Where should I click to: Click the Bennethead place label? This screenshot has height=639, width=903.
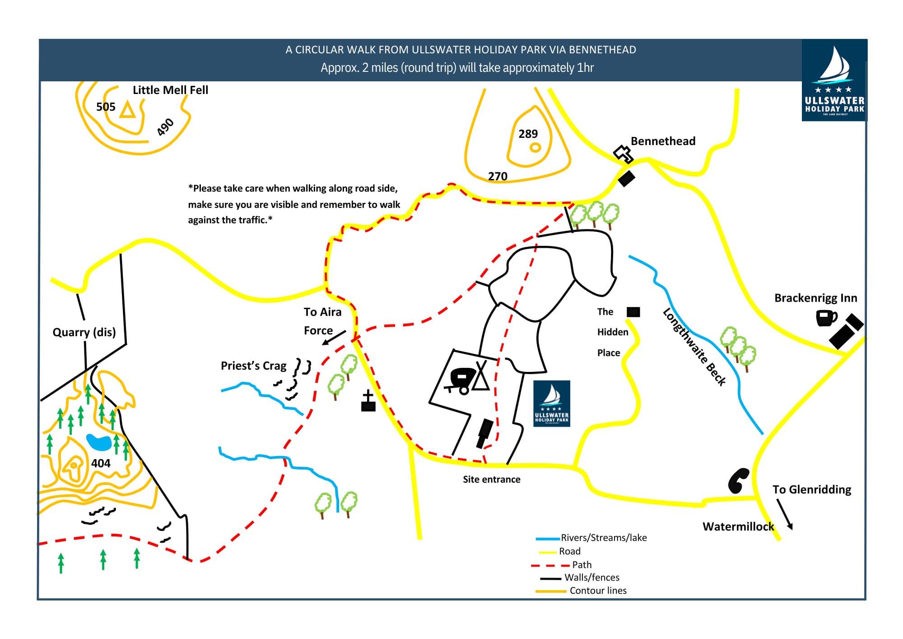click(x=663, y=141)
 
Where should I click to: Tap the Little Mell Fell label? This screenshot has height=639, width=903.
click(x=170, y=90)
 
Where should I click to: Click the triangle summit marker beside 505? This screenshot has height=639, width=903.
click(x=127, y=110)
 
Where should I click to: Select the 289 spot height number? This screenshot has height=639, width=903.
click(x=528, y=134)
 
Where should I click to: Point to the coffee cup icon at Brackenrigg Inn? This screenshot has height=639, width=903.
click(x=826, y=318)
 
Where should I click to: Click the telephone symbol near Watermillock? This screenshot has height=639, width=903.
click(x=738, y=481)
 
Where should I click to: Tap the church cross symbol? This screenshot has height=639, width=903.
click(x=368, y=401)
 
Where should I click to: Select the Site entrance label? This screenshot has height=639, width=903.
click(x=491, y=479)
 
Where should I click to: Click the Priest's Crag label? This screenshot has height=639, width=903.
click(x=253, y=366)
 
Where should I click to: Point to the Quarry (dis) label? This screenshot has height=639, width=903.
click(x=84, y=333)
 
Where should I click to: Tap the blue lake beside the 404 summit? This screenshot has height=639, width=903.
click(x=99, y=442)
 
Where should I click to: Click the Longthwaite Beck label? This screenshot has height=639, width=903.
click(x=694, y=347)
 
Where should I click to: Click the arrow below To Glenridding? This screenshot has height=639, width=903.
click(x=784, y=514)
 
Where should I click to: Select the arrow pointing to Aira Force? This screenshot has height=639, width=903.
click(x=334, y=338)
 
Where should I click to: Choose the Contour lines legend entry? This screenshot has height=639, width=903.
click(x=598, y=591)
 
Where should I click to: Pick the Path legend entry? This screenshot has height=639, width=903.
click(x=582, y=565)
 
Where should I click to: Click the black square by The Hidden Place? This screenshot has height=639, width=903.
click(x=633, y=312)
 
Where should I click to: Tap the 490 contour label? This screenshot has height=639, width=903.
click(x=165, y=127)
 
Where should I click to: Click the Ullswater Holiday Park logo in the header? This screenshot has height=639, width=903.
click(x=834, y=80)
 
